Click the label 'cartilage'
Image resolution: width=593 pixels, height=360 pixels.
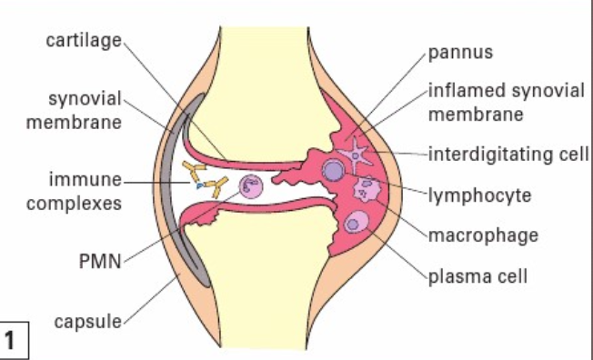(x=84, y=41)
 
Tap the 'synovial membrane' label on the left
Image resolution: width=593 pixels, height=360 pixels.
(x=75, y=110)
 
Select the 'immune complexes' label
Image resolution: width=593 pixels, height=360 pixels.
(x=75, y=191)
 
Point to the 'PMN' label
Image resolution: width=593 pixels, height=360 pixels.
(x=100, y=261)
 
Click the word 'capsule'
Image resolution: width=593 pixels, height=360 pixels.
(x=88, y=322)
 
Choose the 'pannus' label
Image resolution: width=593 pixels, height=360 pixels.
(x=460, y=53)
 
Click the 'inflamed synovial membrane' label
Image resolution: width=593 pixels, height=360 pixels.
(x=507, y=103)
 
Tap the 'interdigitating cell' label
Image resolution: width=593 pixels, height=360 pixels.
(x=508, y=155)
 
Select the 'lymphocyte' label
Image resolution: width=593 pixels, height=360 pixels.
(x=480, y=195)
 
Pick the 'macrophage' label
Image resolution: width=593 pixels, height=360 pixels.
(x=483, y=236)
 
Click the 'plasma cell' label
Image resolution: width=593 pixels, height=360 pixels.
(x=477, y=276)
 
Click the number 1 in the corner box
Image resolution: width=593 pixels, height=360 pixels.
(x=9, y=340)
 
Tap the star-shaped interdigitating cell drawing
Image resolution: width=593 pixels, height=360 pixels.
(x=355, y=155)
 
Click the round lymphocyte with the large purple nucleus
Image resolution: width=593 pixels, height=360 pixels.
(x=334, y=171)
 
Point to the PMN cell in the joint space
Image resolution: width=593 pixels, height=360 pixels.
(x=251, y=186)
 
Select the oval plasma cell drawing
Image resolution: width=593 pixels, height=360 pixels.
(x=356, y=222)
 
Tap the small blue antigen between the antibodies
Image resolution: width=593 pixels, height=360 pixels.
(x=200, y=185)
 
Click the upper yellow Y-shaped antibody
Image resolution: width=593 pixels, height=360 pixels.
(x=194, y=171)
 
